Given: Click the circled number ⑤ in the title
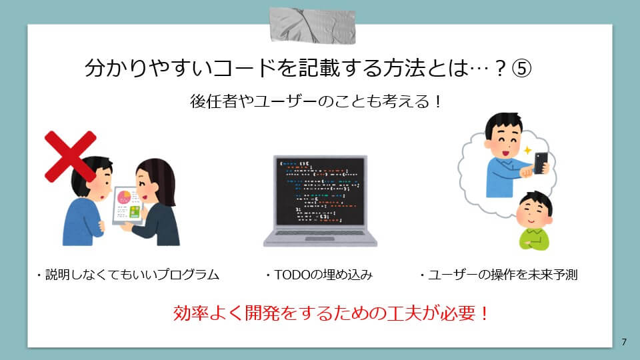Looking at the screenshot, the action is (x=521, y=68).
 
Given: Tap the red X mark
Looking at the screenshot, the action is (x=70, y=156).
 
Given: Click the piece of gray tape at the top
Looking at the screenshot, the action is (x=312, y=25).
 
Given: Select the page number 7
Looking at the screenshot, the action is (x=624, y=341).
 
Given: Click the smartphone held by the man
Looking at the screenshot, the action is (x=541, y=163).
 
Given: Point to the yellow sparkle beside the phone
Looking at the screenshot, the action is (x=528, y=150).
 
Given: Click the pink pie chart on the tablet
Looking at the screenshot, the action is (x=124, y=197).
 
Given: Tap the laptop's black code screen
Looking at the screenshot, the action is (x=320, y=191).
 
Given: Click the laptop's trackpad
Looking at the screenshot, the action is (x=320, y=239).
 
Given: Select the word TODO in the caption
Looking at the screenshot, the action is (x=293, y=275).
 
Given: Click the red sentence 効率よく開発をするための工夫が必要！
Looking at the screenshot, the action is (x=331, y=313).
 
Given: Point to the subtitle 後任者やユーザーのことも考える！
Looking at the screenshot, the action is (x=315, y=101).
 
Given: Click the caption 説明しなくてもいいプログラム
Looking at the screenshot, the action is (x=132, y=275).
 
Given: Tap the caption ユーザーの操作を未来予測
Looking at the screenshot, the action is (x=503, y=275).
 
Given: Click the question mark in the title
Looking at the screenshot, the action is (x=501, y=68).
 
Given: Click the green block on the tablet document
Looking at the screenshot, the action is (x=135, y=212).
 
